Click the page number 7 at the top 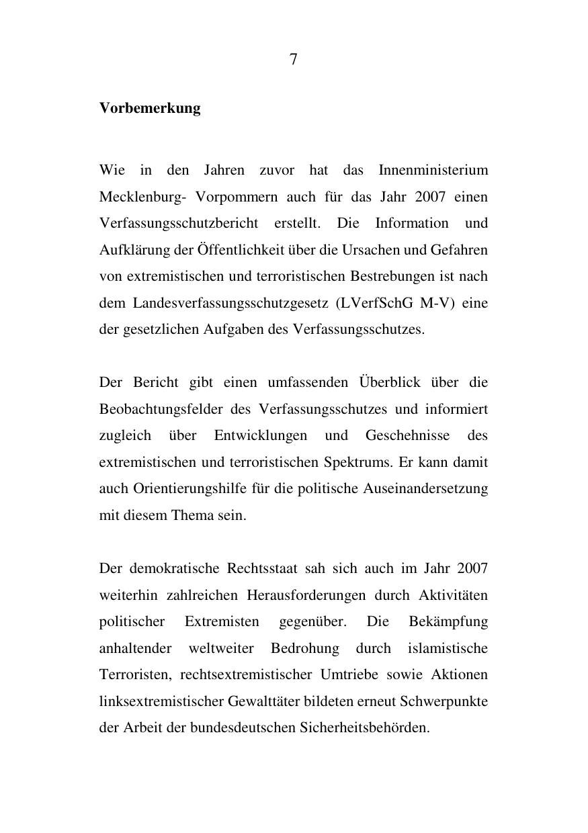tap(294, 60)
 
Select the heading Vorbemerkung tap(150, 108)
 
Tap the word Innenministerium tap(433, 170)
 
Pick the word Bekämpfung tap(448, 621)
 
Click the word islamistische tap(448, 648)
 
